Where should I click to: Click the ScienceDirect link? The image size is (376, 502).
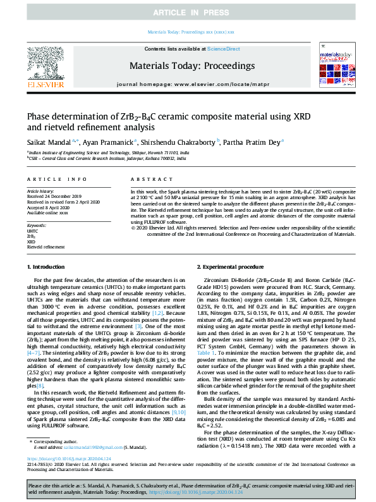(223, 49)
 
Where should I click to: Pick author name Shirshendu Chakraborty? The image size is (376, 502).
(179, 142)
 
